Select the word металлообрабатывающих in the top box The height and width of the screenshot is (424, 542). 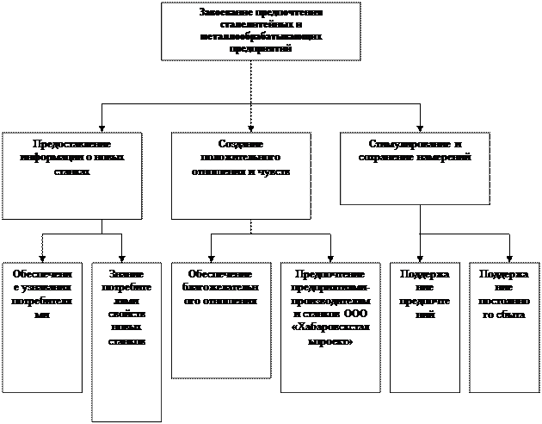click(260, 37)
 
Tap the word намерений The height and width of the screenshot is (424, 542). click(445, 158)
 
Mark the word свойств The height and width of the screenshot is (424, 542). click(126, 315)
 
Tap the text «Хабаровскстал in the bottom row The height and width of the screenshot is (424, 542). click(330, 328)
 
